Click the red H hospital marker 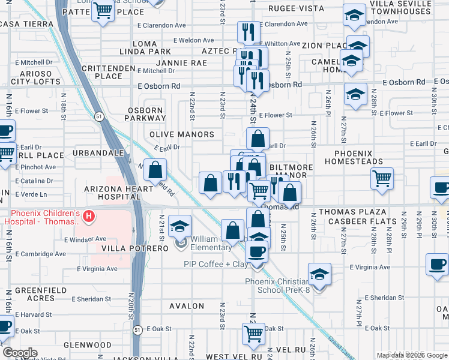[88, 215]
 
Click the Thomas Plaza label [346, 212]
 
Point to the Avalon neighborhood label [187, 306]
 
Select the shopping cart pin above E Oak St [253, 332]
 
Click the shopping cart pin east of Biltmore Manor [382, 178]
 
